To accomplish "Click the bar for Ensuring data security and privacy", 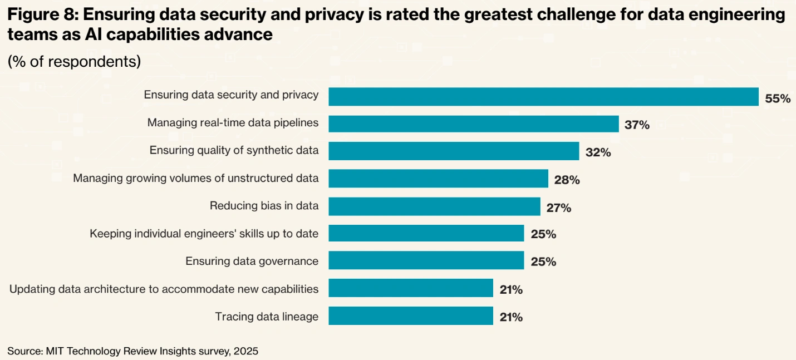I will (x=543, y=96).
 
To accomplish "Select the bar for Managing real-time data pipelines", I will (x=473, y=124).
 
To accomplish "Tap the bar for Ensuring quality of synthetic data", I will (x=454, y=151).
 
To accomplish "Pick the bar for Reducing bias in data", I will (x=434, y=206).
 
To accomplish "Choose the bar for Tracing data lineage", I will (x=411, y=316).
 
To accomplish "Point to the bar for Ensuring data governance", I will (x=426, y=261).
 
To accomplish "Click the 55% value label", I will (x=778, y=98).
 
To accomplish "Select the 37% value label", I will (x=637, y=125).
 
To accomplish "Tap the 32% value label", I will (x=598, y=152).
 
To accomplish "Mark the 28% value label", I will (x=567, y=180).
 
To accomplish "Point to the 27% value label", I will (x=558, y=208).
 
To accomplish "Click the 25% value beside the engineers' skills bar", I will (x=543, y=234).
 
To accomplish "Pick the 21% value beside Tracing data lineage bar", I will (x=510, y=317).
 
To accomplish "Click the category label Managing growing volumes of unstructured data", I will (x=196, y=178).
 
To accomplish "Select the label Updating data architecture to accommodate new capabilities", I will (x=164, y=289).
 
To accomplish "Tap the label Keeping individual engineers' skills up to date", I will (x=204, y=233).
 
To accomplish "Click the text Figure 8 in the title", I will (x=39, y=15).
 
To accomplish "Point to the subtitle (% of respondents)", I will (x=74, y=61).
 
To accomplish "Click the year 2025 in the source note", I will (x=246, y=351).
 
